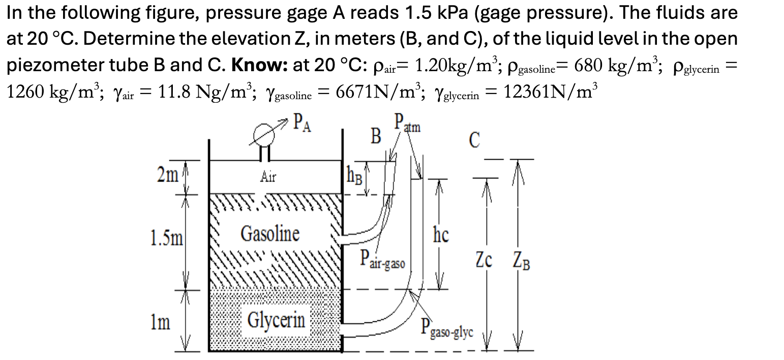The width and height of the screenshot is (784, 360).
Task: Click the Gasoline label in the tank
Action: tap(270, 234)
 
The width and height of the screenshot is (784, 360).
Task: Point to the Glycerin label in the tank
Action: tap(277, 320)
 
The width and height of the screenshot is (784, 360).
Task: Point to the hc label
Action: tap(441, 235)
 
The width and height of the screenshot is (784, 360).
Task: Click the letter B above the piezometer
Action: tap(376, 136)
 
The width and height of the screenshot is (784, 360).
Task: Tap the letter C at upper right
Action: tap(474, 141)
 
